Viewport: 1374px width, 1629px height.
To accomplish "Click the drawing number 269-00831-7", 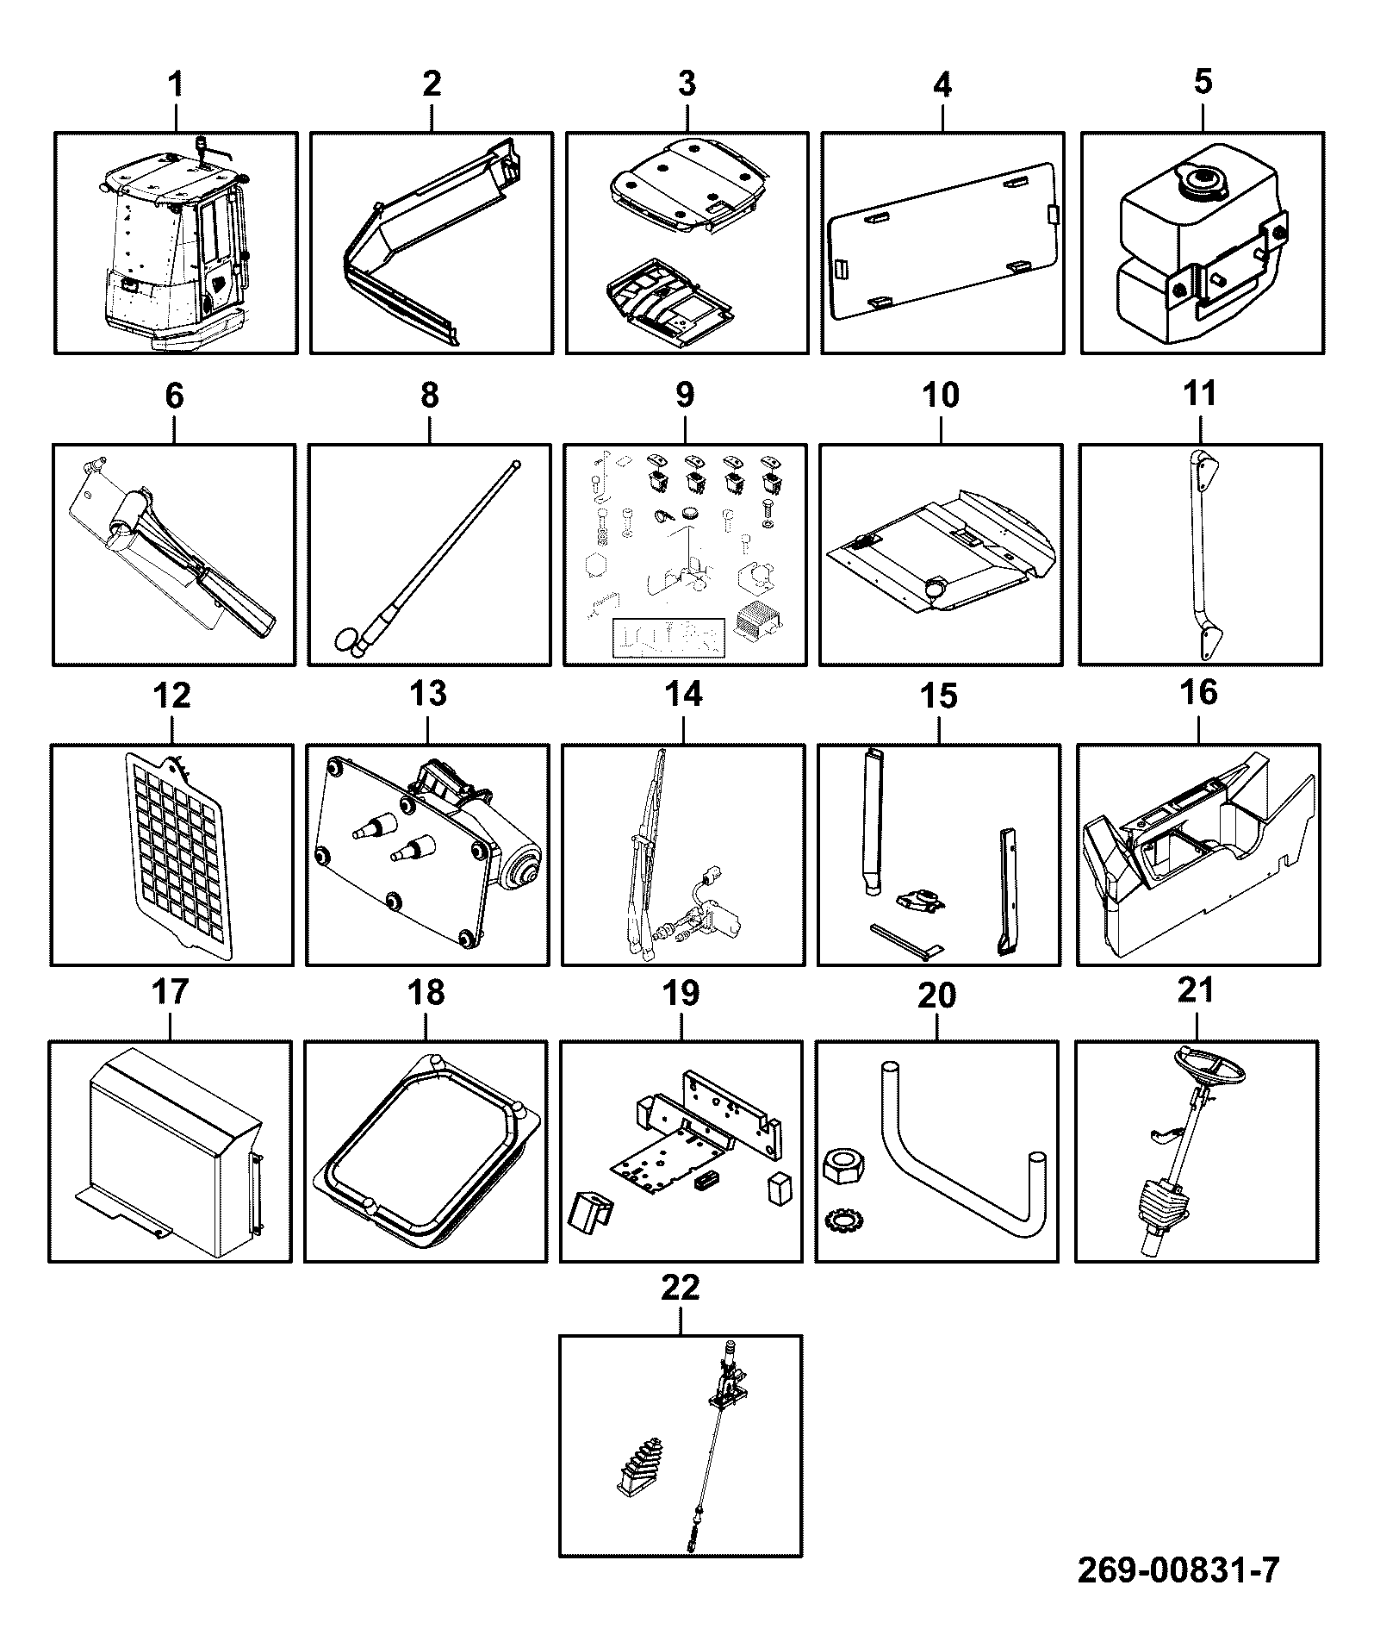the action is coord(1178,1570).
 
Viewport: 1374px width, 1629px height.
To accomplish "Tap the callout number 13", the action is coord(428,693).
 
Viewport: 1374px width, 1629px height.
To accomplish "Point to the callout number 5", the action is coord(1203,82).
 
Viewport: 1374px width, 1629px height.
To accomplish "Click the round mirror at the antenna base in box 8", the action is coord(346,639).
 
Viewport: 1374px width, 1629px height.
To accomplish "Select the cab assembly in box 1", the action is coord(175,245).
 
